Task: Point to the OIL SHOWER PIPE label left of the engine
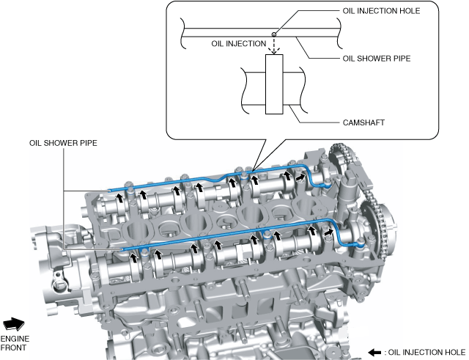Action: point(63,144)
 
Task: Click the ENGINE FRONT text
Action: point(15,344)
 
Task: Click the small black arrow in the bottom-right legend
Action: point(374,352)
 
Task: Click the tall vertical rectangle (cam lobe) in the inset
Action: point(274,84)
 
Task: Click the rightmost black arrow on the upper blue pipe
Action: point(301,176)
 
